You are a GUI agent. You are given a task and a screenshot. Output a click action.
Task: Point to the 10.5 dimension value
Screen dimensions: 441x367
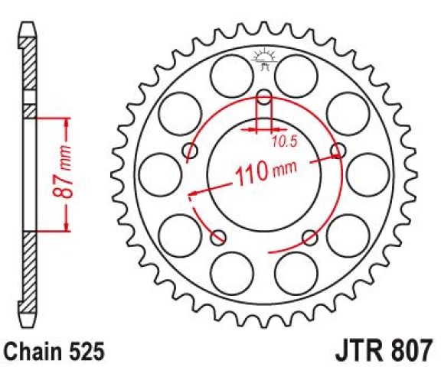(285, 142)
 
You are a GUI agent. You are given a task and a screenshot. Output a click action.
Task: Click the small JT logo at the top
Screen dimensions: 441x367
(264, 60)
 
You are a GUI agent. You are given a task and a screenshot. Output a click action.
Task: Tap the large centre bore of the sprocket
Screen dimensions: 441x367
(264, 174)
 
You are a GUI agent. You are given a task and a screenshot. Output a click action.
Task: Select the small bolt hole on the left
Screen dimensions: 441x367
(191, 151)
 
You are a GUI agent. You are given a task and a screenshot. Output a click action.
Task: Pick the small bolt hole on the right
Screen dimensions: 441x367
(338, 151)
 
